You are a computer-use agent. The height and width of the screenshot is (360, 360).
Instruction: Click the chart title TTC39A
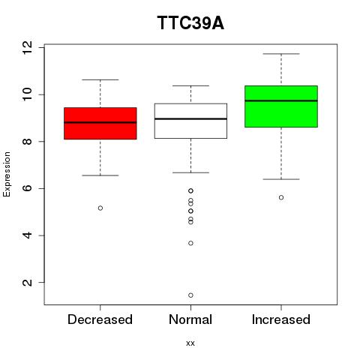[x=190, y=23]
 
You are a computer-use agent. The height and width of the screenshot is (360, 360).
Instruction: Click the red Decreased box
[x=100, y=123]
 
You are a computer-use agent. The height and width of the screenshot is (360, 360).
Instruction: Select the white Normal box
[x=190, y=121]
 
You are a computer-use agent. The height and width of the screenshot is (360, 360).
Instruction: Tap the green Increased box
[x=281, y=106]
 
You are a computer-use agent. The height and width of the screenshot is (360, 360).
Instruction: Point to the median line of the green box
[x=281, y=100]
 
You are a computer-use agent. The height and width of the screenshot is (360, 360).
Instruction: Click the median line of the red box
[x=100, y=122]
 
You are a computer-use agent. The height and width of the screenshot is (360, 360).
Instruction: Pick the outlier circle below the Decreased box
[x=100, y=208]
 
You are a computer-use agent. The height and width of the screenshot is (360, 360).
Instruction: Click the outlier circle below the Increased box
[x=281, y=197]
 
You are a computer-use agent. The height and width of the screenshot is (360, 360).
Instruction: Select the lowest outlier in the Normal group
[x=190, y=295]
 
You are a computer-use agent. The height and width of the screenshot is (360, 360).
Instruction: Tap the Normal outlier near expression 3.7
[x=190, y=243]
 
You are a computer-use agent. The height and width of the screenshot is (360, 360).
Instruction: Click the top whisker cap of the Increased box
[x=281, y=54]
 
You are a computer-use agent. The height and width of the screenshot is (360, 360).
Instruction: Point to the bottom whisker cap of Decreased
[x=100, y=175]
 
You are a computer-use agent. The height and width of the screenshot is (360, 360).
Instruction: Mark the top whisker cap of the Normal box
[x=190, y=85]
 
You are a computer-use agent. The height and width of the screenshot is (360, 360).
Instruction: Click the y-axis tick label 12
[x=28, y=47]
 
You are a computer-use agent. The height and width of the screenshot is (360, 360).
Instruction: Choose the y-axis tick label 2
[x=28, y=283]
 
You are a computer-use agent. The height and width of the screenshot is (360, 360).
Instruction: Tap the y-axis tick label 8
[x=28, y=142]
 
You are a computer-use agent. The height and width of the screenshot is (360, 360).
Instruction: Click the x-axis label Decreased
[x=100, y=319]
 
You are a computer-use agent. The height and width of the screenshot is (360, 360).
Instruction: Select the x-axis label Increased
[x=281, y=319]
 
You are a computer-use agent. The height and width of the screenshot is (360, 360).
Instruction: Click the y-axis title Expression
[x=7, y=174]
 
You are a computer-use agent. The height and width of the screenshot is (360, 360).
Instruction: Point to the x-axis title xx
[x=190, y=343]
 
